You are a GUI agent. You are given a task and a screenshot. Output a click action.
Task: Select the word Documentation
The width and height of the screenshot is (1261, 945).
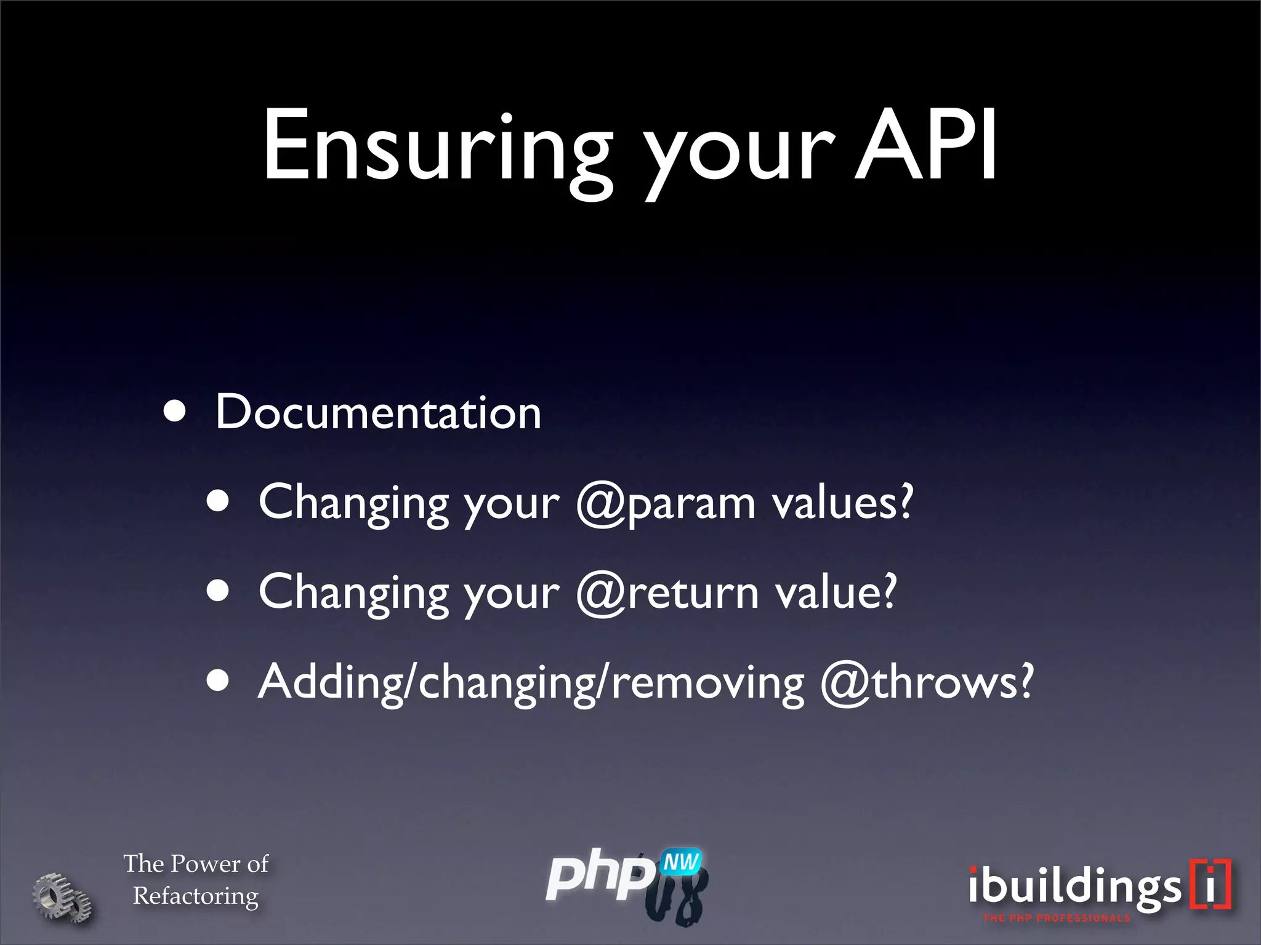click(378, 412)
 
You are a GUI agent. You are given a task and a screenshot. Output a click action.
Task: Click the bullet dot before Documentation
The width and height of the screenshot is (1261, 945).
click(175, 412)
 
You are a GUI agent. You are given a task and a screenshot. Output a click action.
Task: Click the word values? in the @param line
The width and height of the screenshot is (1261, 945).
click(843, 503)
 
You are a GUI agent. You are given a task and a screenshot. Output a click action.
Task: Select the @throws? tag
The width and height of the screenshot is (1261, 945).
click(927, 682)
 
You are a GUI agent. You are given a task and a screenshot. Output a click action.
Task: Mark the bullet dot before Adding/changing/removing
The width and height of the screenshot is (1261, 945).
click(218, 682)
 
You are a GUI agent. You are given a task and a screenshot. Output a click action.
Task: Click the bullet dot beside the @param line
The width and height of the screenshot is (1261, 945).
click(218, 502)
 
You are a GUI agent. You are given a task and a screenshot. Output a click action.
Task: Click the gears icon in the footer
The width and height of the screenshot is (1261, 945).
click(62, 897)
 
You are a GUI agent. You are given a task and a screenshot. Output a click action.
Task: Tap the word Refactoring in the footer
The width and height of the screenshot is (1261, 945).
click(196, 896)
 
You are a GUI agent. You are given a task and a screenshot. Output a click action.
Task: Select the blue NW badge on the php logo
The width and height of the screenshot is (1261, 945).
click(680, 862)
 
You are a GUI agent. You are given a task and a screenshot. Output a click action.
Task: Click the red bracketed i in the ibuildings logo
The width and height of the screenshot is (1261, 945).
click(1211, 884)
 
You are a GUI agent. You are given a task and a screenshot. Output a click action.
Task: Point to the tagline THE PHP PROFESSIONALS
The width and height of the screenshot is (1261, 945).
click(1057, 919)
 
